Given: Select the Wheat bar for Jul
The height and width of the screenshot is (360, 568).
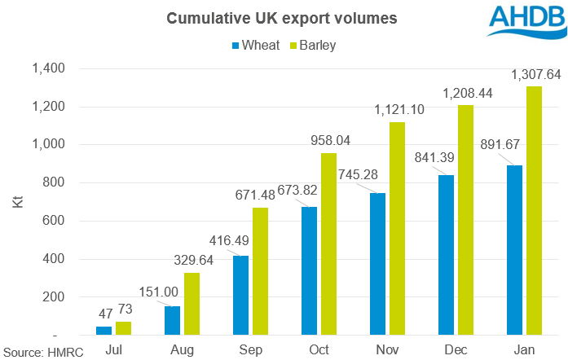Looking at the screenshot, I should [103, 330].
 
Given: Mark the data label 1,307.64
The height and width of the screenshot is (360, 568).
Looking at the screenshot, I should [533, 75].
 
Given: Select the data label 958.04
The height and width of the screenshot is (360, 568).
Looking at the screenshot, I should [328, 141].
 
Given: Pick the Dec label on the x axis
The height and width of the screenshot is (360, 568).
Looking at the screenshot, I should [456, 350].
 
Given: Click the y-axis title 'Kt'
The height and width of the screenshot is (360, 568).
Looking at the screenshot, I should [16, 201].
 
